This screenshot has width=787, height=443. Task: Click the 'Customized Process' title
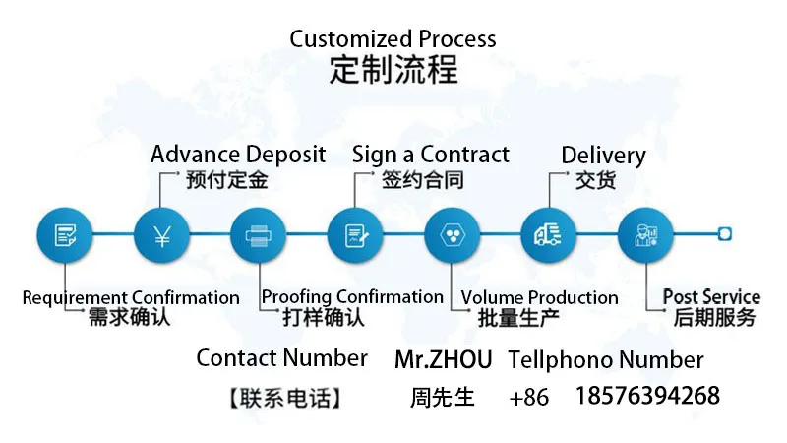click(x=393, y=40)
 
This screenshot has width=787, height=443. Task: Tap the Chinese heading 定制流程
click(x=393, y=71)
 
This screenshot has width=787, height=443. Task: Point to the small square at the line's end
click(x=725, y=234)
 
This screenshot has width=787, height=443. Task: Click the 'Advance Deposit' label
click(x=238, y=155)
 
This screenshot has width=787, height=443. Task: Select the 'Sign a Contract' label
click(x=431, y=155)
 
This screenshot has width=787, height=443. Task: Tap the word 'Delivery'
click(x=603, y=156)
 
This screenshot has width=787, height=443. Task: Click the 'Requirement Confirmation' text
click(x=131, y=297)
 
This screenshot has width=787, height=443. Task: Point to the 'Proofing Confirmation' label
click(x=352, y=296)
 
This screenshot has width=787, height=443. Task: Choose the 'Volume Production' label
click(x=539, y=297)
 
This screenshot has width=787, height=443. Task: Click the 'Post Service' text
click(x=711, y=296)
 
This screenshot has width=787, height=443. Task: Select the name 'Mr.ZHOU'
click(x=443, y=359)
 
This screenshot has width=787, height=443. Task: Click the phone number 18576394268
click(x=646, y=397)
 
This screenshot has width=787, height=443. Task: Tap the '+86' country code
click(x=529, y=398)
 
